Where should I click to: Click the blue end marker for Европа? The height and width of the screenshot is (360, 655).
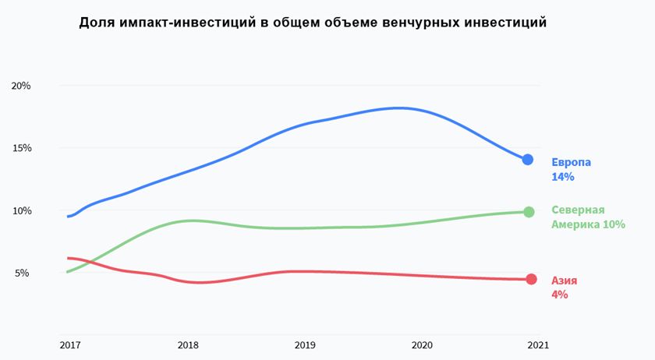528,160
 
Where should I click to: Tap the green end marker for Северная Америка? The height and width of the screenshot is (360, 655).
529,212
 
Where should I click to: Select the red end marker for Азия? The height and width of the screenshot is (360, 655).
531,279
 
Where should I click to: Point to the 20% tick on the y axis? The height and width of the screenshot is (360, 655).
21,86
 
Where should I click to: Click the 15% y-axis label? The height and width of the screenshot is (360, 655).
21,148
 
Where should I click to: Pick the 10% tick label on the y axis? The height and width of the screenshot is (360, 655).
21,210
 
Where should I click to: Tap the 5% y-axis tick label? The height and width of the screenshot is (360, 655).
23,273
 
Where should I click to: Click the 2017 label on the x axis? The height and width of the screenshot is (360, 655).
69,344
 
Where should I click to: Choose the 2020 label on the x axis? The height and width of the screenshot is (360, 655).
421,344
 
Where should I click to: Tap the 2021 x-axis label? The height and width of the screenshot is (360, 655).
538,344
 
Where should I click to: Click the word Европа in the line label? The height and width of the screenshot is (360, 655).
571,162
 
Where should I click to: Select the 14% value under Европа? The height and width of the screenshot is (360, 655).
562,177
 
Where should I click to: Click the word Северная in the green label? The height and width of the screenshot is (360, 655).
578,210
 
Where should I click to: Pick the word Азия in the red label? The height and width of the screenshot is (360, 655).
564,280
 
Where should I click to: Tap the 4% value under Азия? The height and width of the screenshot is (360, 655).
559,295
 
